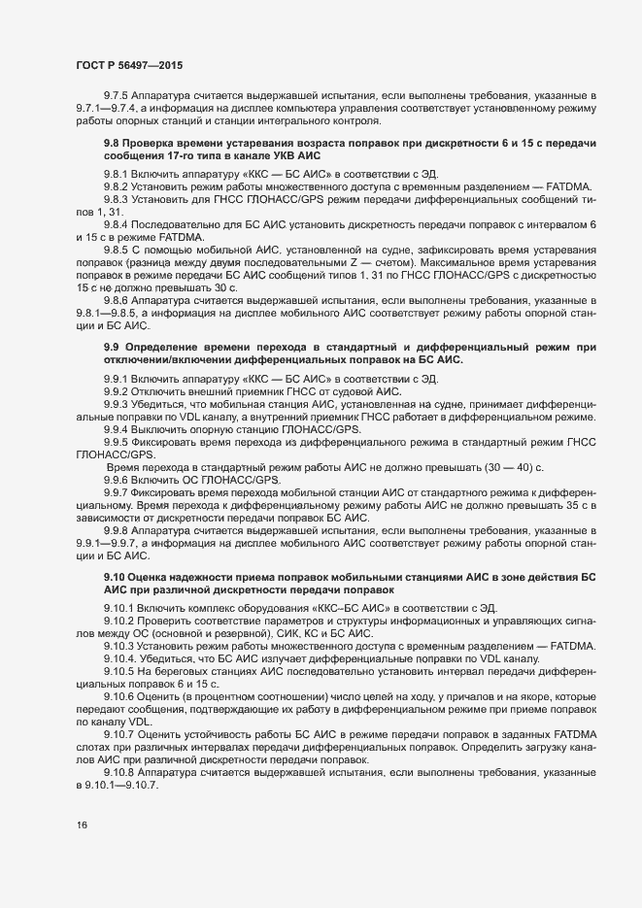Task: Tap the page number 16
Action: pos(82,824)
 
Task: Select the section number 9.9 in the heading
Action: pos(112,348)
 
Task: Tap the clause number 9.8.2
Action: pos(118,185)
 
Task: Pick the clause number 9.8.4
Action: pos(118,223)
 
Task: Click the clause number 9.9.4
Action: pos(118,428)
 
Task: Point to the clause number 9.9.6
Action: pos(118,479)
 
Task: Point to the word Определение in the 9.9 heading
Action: pos(171,348)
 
